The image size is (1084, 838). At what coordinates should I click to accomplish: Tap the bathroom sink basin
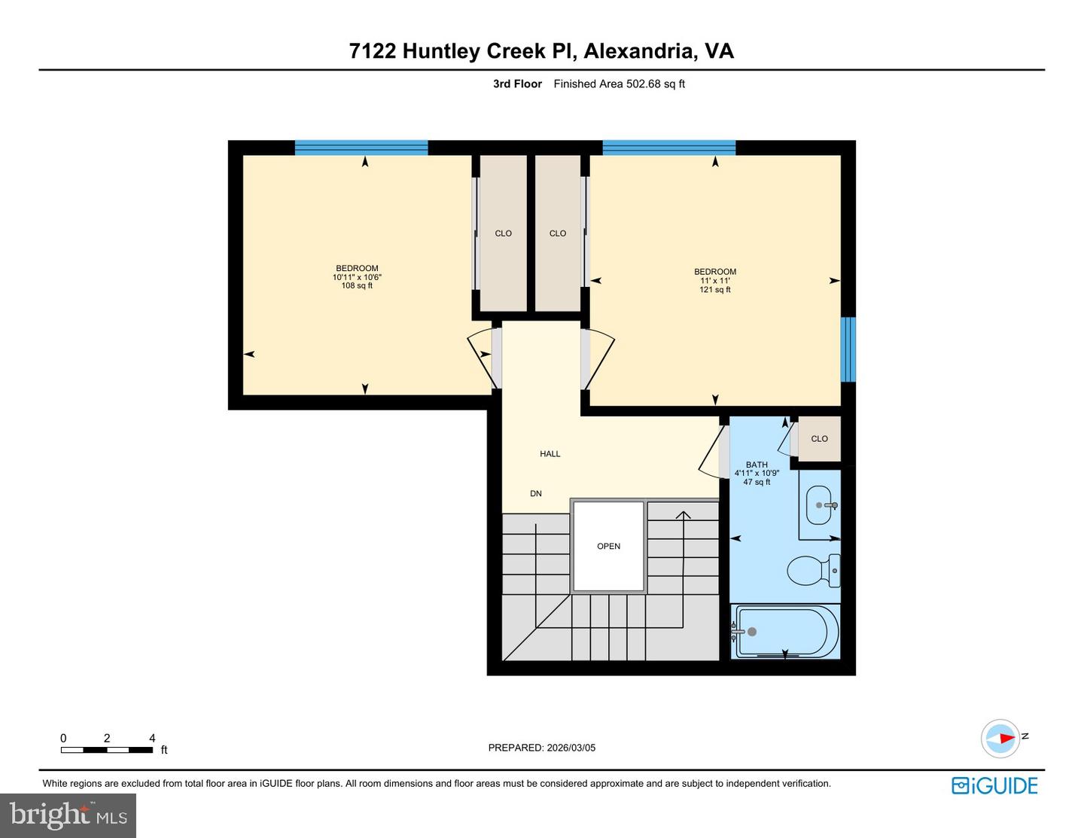pos(818,505)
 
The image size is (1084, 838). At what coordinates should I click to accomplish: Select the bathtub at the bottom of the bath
pos(785,632)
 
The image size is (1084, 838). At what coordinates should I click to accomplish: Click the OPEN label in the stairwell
pos(608,547)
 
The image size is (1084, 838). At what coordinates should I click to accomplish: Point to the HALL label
pos(550,454)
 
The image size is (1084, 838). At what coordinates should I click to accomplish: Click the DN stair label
pos(536,494)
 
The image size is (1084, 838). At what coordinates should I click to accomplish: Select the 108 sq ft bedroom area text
pos(357,286)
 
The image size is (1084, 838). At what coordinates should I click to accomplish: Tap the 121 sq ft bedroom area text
pos(714,290)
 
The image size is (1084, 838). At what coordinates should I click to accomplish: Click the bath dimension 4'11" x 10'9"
pos(757,474)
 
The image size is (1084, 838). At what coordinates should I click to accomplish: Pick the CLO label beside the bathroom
pos(819,439)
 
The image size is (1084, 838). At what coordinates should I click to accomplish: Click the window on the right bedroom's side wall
pos(848,349)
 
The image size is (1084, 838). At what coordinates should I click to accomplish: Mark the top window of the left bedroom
pos(361,148)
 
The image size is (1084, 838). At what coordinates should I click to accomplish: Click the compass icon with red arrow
pos(1000,738)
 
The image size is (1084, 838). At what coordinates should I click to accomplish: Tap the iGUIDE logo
pos(994,786)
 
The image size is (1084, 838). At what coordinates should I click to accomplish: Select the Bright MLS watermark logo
pos(68,815)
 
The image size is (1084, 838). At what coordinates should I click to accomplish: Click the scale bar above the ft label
pos(107,750)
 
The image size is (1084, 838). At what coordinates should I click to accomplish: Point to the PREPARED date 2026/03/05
pos(541,748)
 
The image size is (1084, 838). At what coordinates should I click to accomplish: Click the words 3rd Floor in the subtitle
pos(517,84)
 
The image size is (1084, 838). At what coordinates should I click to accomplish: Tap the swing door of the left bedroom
pos(482,358)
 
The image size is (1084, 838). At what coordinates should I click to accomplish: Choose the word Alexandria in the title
pos(638,51)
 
